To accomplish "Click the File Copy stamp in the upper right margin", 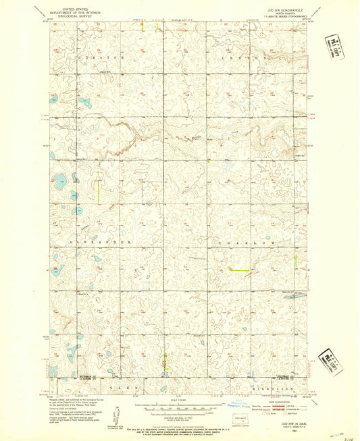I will [x=334, y=49].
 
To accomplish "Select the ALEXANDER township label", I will [x=98, y=241].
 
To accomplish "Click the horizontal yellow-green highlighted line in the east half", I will [x=239, y=270].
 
